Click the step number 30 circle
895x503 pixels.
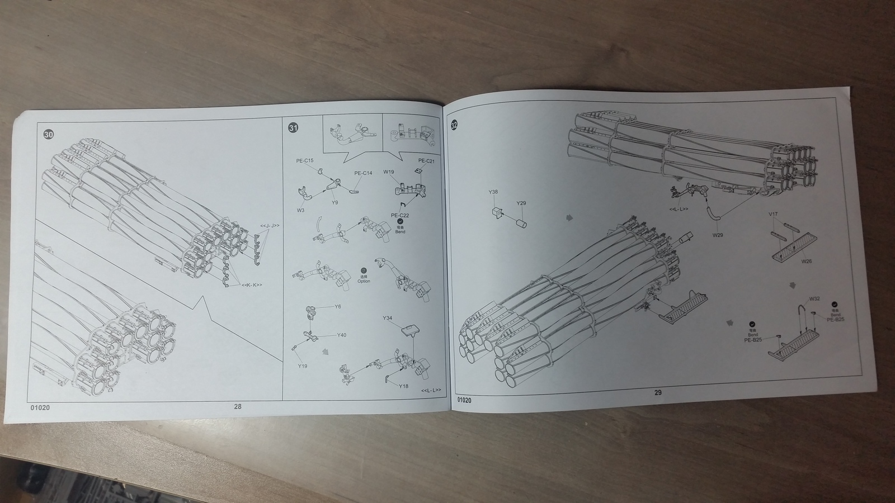pyautogui.click(x=49, y=135)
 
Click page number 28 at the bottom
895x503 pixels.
pyautogui.click(x=238, y=407)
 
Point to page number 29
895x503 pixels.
pyautogui.click(x=658, y=392)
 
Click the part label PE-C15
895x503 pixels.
pyautogui.click(x=305, y=161)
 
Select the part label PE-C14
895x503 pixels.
pyautogui.click(x=363, y=173)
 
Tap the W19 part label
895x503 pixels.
pyautogui.click(x=389, y=172)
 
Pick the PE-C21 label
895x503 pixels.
pyautogui.click(x=426, y=161)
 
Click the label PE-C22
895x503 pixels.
pyautogui.click(x=400, y=215)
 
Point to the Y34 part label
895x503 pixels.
pyautogui.click(x=388, y=318)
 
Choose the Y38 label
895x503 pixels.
pyautogui.click(x=493, y=192)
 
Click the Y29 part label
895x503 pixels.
pyautogui.click(x=521, y=203)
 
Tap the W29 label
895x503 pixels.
pyautogui.click(x=718, y=235)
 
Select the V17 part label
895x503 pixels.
pyautogui.click(x=773, y=214)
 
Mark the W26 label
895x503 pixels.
pyautogui.click(x=806, y=261)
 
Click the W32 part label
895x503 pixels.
pyautogui.click(x=814, y=299)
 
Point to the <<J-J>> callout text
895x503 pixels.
pyautogui.click(x=270, y=225)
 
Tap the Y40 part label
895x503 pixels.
pyautogui.click(x=341, y=335)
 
